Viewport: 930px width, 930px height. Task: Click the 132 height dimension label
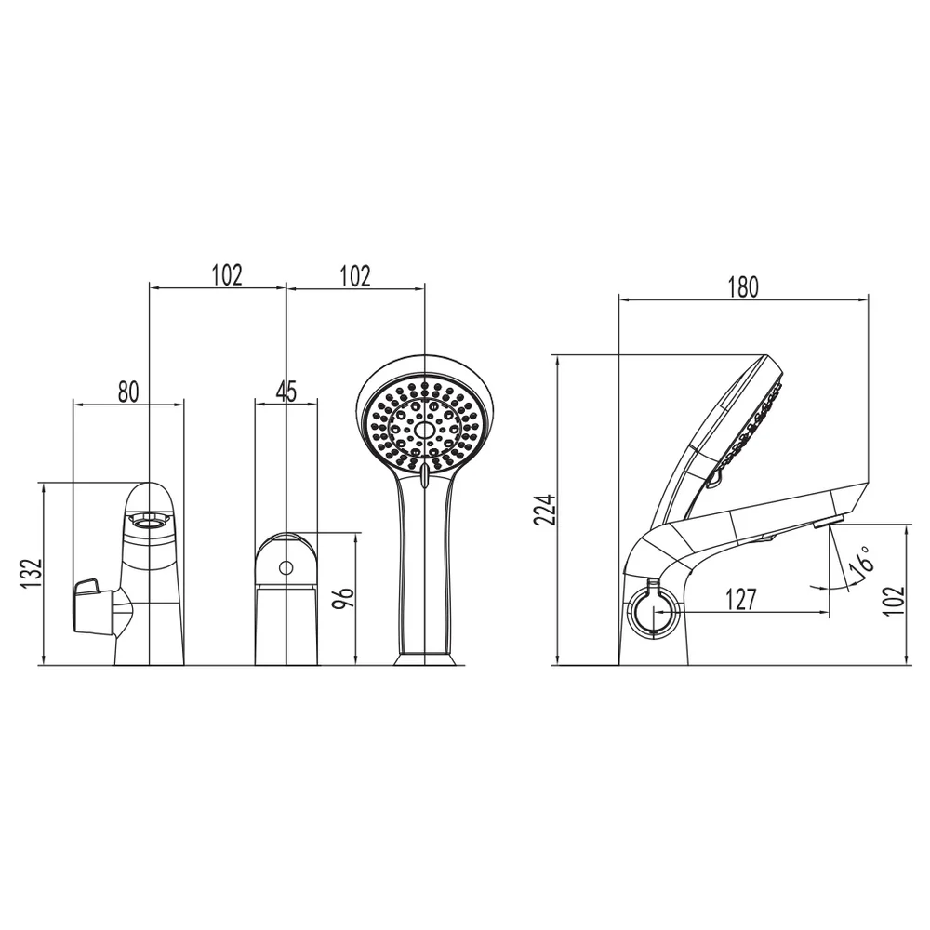[x=31, y=574]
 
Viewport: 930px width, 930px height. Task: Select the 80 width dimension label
[x=128, y=392]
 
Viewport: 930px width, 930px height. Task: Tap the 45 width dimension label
[x=286, y=392]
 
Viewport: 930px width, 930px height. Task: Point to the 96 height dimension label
[x=344, y=597]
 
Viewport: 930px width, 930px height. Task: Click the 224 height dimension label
[x=544, y=510]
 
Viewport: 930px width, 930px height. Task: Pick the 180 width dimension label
[x=742, y=286]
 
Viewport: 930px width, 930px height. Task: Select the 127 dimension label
[x=741, y=599]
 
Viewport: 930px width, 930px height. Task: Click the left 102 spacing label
[x=227, y=275]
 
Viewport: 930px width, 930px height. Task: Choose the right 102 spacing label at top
[x=354, y=276]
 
